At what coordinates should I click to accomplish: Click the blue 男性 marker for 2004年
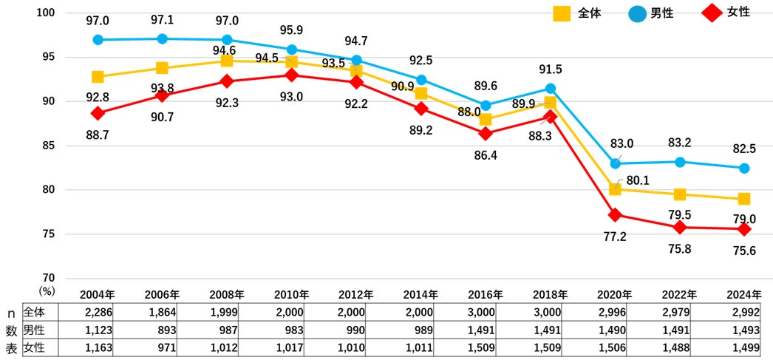(x=98, y=39)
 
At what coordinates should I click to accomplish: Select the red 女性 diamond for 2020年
(x=615, y=215)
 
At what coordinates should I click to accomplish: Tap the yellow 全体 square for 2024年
(x=743, y=199)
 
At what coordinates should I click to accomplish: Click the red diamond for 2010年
(x=292, y=75)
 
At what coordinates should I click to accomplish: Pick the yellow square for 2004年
(x=98, y=77)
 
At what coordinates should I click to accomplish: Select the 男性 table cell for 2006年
(x=163, y=329)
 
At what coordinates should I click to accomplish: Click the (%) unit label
(x=47, y=292)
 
